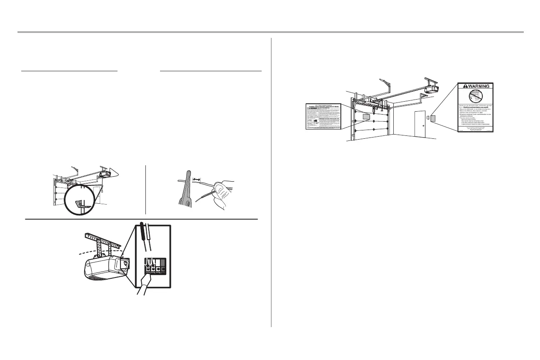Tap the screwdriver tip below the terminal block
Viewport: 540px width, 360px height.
click(x=148, y=279)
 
